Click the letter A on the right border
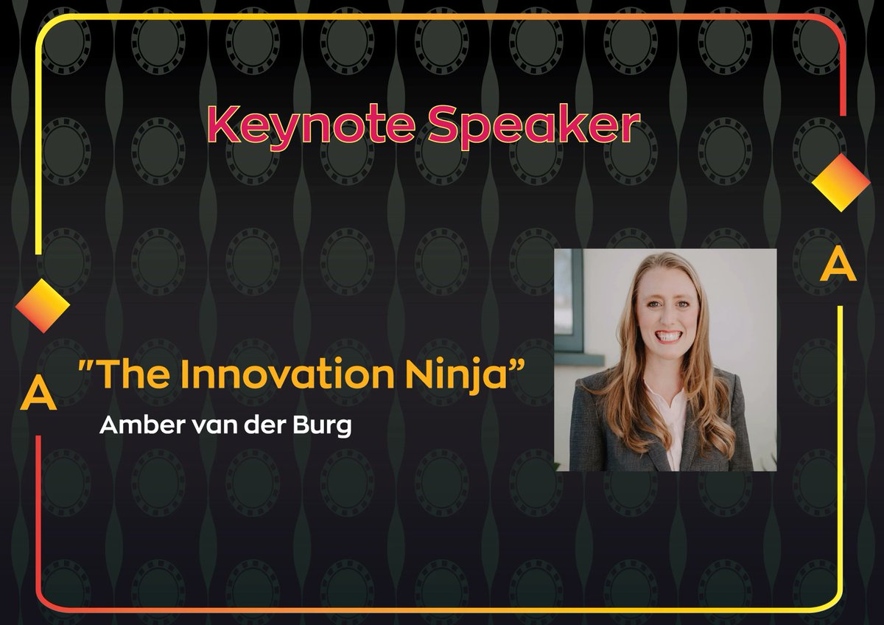[x=839, y=265]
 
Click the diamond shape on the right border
[x=841, y=182]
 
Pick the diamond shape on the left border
[x=42, y=304]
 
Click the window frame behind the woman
[x=569, y=310]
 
